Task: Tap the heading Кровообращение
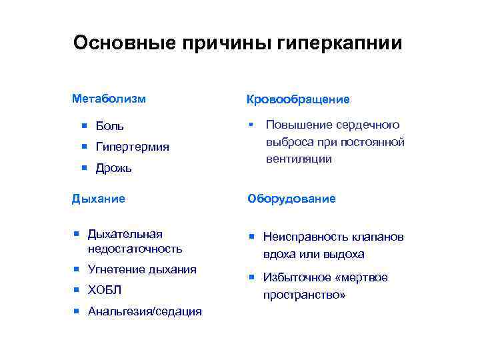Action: [298, 99]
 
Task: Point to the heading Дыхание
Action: [98, 198]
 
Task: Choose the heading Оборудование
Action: [291, 199]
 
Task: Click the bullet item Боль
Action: [110, 126]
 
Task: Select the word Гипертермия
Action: [132, 147]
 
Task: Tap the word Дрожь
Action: [114, 168]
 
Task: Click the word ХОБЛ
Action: [105, 291]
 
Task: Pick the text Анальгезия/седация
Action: [145, 311]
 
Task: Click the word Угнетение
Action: [116, 269]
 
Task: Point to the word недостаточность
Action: [135, 249]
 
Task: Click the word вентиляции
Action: [299, 159]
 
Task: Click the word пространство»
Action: [305, 294]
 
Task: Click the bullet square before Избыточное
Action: [253, 277]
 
